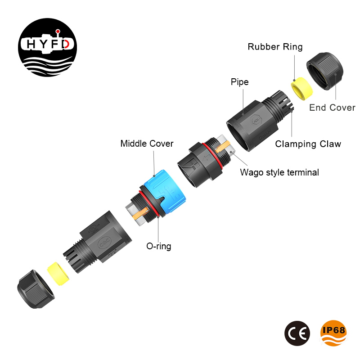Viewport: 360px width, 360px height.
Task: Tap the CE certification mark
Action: point(297,333)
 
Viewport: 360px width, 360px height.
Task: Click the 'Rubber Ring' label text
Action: point(275,47)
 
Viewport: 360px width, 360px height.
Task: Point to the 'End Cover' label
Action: point(332,108)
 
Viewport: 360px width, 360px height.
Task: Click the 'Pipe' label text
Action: point(239,82)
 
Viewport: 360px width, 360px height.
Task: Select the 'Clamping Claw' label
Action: point(308,144)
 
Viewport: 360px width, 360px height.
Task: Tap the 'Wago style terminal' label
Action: point(279,172)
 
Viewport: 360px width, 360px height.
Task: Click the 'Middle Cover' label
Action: point(147,144)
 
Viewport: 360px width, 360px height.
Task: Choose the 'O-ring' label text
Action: point(159,246)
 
